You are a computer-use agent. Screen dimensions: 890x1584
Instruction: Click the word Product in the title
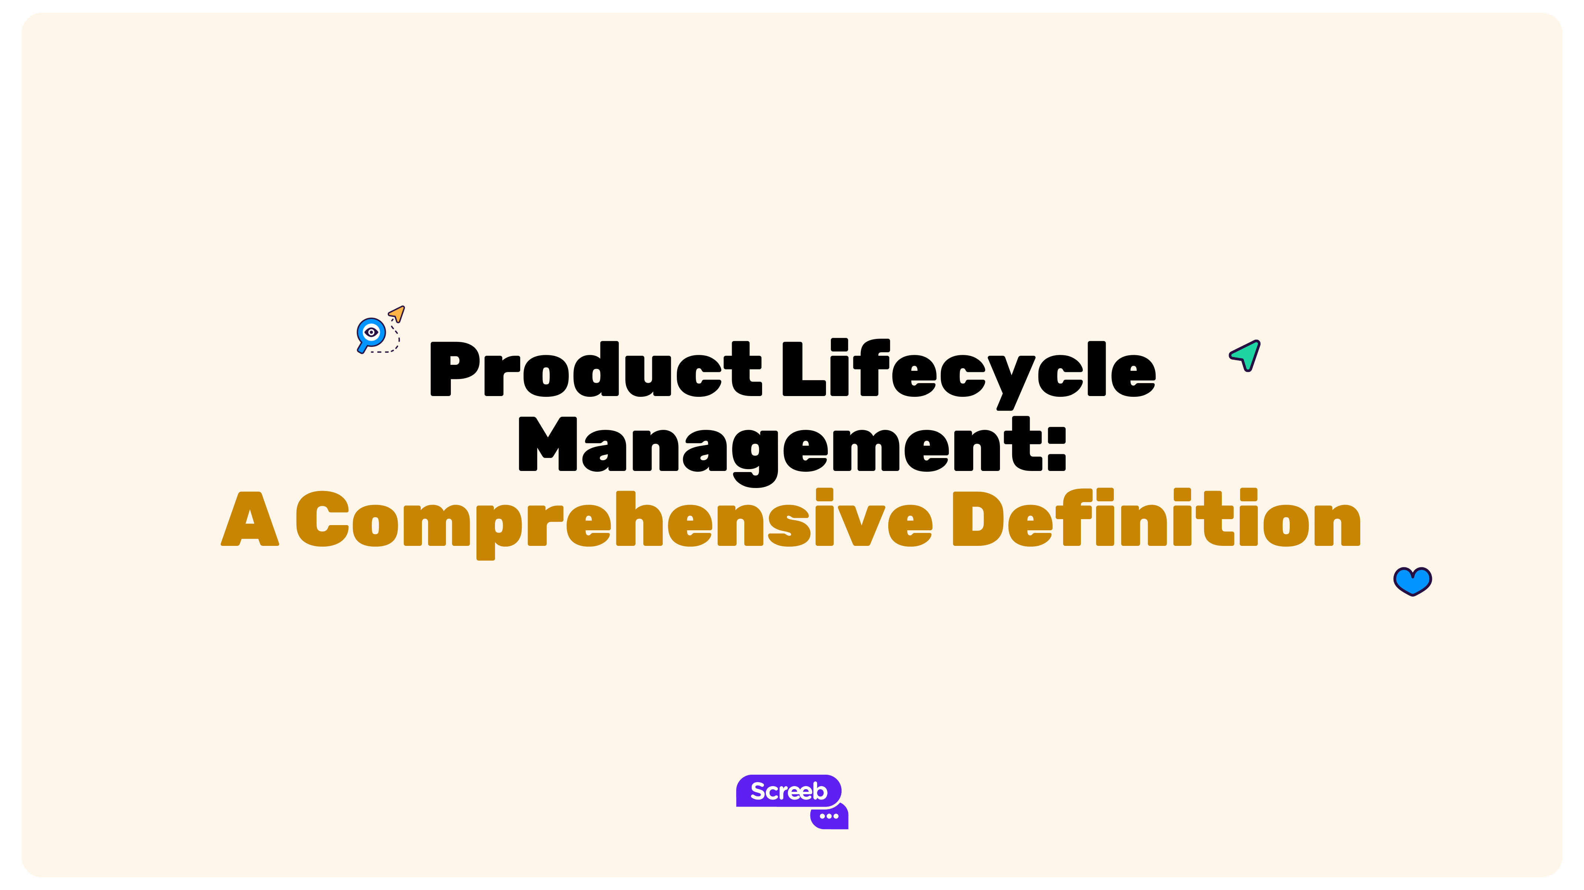[x=595, y=369]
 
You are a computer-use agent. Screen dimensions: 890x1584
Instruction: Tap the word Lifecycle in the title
[x=968, y=369]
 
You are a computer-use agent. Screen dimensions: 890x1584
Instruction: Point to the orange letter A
[x=250, y=520]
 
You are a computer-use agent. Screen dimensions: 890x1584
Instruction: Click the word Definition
[x=1156, y=520]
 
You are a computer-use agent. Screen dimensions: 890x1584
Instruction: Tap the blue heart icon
[x=1413, y=581]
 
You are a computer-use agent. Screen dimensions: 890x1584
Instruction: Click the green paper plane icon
[x=1246, y=355]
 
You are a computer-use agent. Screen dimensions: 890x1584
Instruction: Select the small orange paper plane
[x=397, y=313]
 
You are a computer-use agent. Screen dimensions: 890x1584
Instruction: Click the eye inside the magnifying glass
[x=371, y=332]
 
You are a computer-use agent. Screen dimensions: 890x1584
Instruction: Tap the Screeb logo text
[x=788, y=791]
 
